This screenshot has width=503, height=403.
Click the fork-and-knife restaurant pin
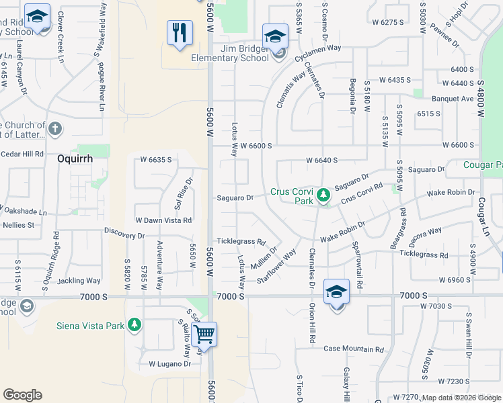coord(180,33)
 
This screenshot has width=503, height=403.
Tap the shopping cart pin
coord(204,334)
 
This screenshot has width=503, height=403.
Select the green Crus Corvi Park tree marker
coord(323,195)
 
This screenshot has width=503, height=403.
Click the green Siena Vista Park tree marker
coord(134,325)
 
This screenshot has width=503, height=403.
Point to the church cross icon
coord(55,128)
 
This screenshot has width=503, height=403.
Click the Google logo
coord(22,395)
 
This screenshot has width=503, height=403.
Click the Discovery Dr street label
coord(125,236)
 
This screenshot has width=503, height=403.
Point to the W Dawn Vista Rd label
coord(163,220)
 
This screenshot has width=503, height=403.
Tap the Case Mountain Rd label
coord(353,349)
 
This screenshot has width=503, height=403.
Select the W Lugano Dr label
coord(170,364)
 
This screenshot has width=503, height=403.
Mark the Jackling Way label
coord(79,281)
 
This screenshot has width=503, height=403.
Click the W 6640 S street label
coord(321,161)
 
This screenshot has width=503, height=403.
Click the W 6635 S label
coord(156,160)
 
